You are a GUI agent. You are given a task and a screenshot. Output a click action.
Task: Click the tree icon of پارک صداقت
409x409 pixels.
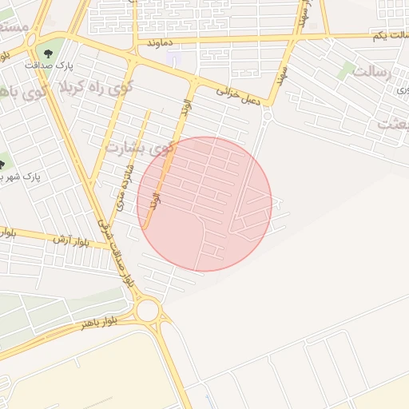pyautogui.click(x=50, y=53)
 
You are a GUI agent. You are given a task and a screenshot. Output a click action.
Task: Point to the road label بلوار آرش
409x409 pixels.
pyautogui.click(x=69, y=239)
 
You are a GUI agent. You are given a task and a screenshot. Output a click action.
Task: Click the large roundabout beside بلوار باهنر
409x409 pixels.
pyautogui.click(x=148, y=310)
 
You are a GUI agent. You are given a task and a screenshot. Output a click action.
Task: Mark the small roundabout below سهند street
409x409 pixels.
pyautogui.click(x=266, y=114)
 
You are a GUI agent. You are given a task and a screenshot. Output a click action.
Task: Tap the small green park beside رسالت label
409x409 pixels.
pyautogui.click(x=345, y=70)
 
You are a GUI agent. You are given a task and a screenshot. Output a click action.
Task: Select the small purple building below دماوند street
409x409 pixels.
pyautogui.click(x=176, y=58)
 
